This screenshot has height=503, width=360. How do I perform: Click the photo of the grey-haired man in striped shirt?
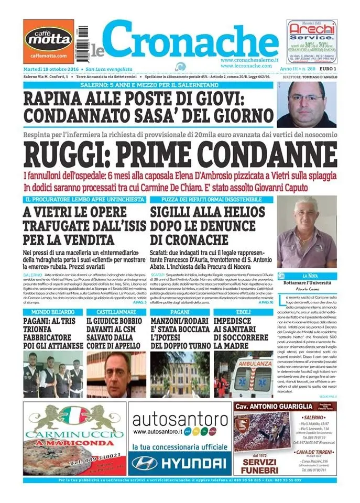tap(307, 233)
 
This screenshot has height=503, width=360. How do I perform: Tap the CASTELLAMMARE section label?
tap(116, 312)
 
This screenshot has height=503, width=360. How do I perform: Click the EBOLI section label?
tap(242, 312)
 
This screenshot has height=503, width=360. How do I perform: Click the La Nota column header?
tap(307, 276)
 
